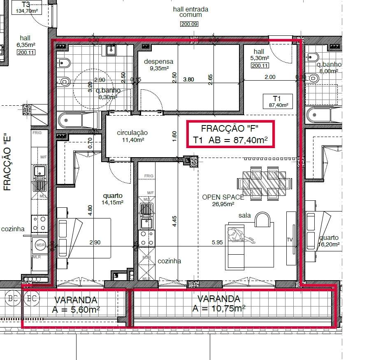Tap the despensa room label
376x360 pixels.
[158, 65]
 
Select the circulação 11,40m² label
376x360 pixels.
[132, 136]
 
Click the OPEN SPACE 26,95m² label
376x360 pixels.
[223, 200]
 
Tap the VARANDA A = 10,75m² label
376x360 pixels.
[218, 303]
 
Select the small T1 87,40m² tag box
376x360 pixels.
[276, 101]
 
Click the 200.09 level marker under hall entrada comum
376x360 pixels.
[189, 24]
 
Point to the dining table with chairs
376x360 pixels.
[262, 182]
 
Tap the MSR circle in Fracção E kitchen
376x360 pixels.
[40, 244]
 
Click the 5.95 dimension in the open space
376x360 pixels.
[217, 243]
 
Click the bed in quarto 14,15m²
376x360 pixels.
[84, 238]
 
